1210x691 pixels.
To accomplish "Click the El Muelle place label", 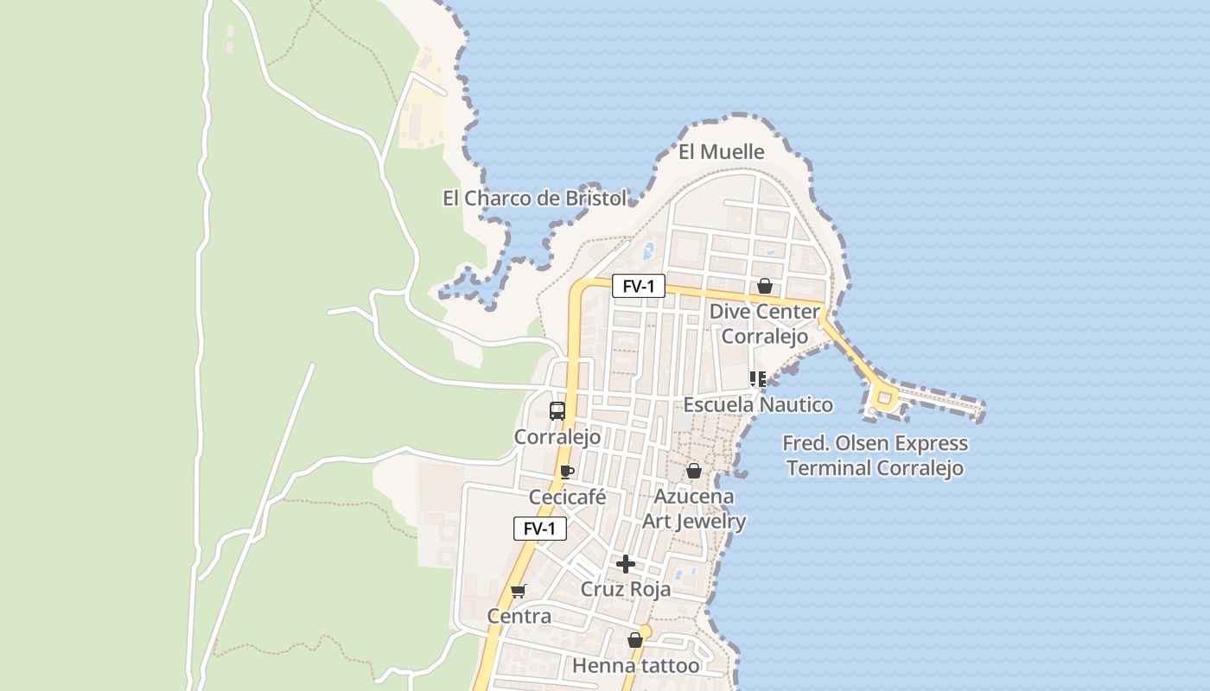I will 721,152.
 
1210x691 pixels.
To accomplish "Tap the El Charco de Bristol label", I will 534,198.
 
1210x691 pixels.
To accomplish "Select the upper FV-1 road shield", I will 639,286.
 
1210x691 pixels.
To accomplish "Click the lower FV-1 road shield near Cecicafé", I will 540,529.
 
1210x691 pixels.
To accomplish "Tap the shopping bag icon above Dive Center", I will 765,286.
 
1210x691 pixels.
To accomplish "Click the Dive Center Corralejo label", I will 764,323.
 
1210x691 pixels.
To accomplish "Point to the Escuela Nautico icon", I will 758,379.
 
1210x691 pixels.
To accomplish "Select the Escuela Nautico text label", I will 758,404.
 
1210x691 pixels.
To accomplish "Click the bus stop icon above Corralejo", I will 557,411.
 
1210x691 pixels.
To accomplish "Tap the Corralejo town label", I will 557,437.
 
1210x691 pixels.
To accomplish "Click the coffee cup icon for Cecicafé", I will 567,472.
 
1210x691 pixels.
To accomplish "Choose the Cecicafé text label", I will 567,498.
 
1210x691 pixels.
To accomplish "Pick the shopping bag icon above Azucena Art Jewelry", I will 694,471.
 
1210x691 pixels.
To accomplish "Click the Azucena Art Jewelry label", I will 694,509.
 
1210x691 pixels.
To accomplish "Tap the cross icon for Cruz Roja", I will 626,565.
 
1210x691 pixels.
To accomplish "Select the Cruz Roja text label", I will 626,589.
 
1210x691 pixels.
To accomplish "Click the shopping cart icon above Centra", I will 519,592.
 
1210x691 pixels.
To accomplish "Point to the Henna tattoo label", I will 635,666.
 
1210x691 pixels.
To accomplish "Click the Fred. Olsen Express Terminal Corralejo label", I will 875,455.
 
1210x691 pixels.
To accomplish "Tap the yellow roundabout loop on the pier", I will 883,398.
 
